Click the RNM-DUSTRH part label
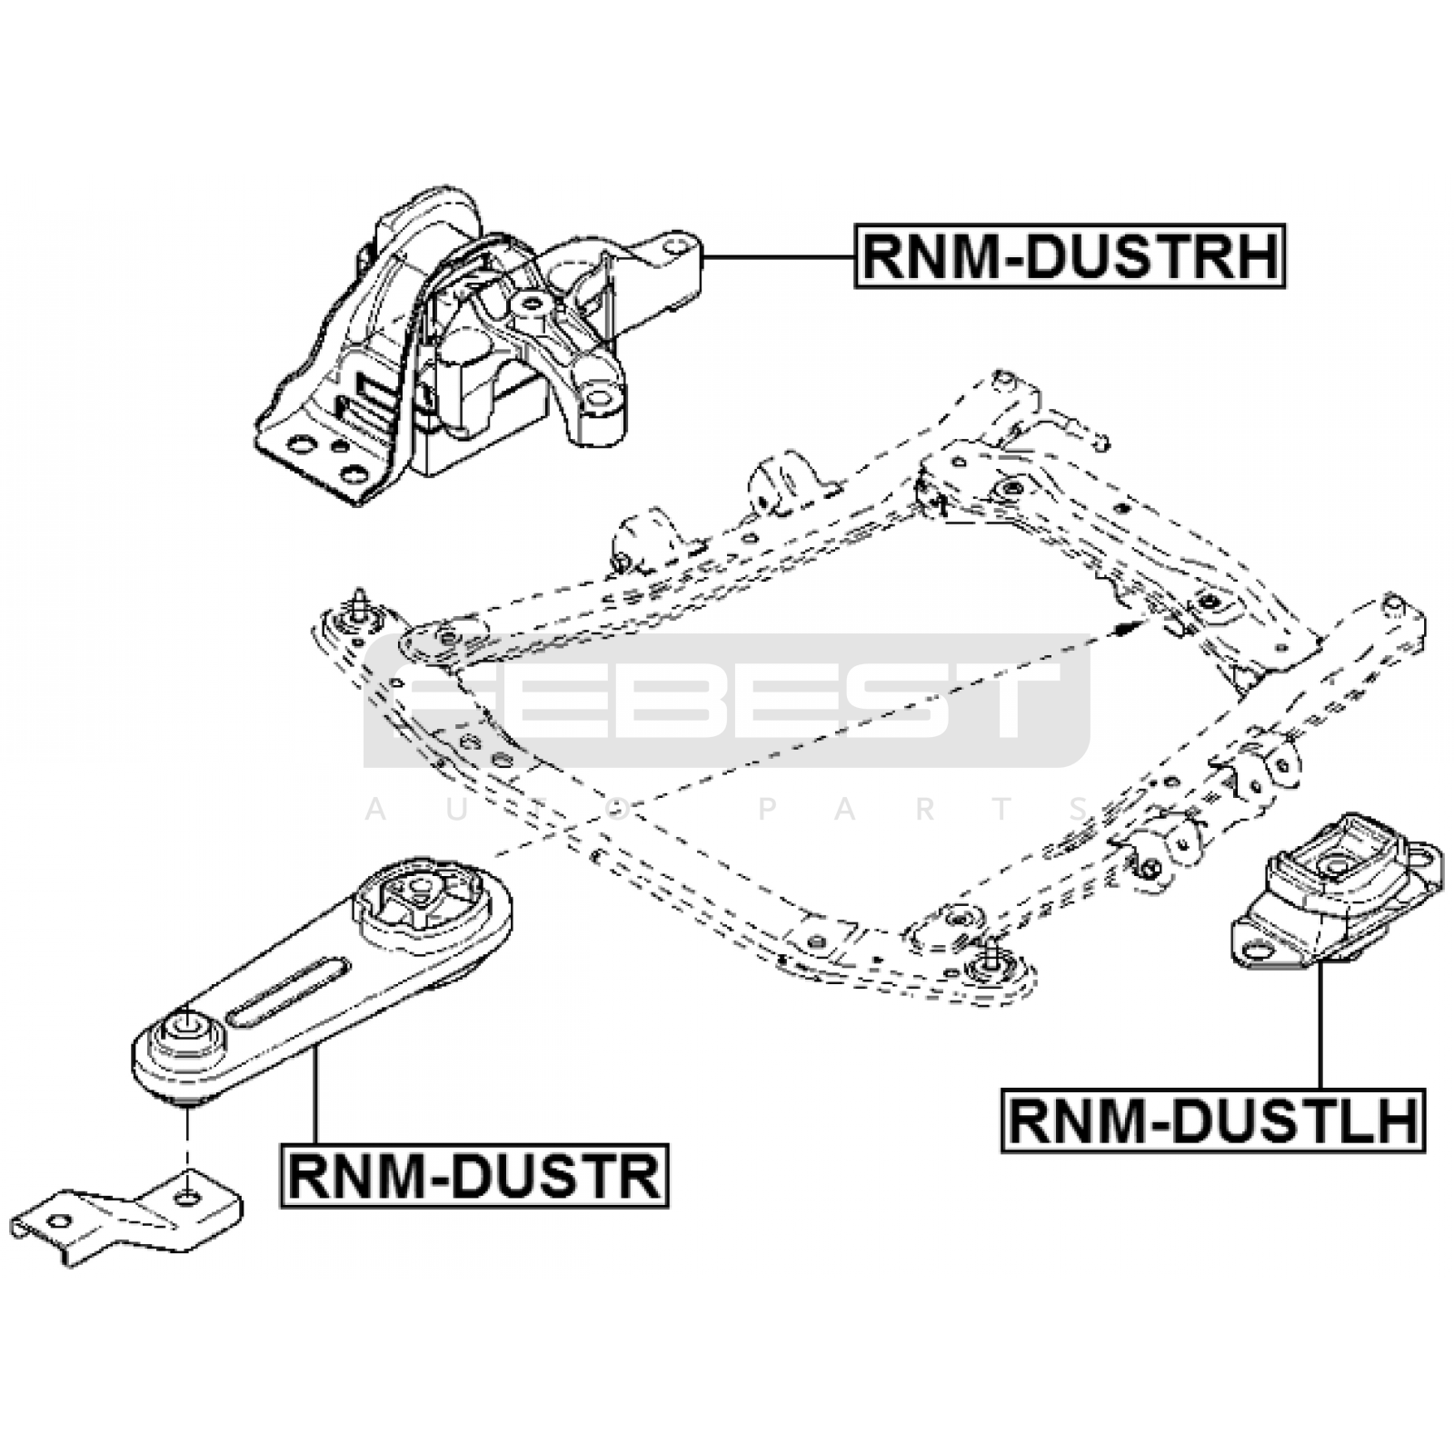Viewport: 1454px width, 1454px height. pos(1070,257)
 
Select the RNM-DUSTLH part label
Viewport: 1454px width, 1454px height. pos(1213,1121)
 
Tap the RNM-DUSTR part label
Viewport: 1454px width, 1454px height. pos(474,1175)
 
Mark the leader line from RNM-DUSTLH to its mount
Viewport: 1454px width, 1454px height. pos(1318,1027)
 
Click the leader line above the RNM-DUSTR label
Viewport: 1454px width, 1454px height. pos(314,1095)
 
